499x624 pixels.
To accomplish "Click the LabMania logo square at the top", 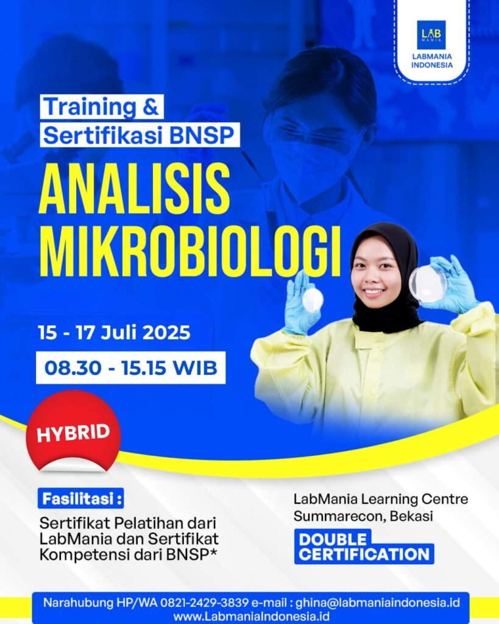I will point(431,35).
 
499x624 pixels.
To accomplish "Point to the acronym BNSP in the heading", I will point(207,135).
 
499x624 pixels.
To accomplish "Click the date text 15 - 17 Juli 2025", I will point(114,333).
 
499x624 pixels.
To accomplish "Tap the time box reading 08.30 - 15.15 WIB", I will point(130,368).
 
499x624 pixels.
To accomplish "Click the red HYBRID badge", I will point(73,433).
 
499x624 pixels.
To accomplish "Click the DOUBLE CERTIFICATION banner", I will point(364,547).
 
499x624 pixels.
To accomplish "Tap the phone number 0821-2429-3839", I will point(203,603).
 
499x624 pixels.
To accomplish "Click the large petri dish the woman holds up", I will point(428,284).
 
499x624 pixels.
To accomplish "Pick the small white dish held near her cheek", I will point(313,299).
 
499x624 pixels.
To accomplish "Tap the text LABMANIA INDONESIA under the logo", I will point(432,62).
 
